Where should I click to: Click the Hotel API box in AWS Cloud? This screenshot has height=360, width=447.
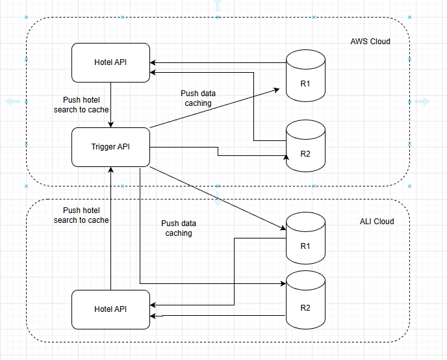point(111,62)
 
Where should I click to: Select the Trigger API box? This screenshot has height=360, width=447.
point(111,147)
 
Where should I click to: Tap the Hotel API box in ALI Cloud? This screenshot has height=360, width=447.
point(111,309)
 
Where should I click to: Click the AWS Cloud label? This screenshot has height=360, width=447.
point(370,42)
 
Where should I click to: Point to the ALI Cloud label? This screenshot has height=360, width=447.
point(377,222)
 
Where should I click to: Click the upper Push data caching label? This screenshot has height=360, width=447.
point(198,98)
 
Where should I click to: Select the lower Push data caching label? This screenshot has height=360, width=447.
point(178,228)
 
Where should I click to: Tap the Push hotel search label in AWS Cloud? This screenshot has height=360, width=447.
point(81,105)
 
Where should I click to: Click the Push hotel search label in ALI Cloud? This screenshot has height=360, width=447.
point(81,215)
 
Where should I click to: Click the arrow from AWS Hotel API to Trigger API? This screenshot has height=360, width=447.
point(112,104)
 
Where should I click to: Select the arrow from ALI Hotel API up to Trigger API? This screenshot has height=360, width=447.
point(112,227)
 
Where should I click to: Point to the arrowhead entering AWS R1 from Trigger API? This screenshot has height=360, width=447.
point(284,92)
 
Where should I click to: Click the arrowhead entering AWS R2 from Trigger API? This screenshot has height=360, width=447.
point(284,156)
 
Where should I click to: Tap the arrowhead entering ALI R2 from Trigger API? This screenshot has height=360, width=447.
point(284,283)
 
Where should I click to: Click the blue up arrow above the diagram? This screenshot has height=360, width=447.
point(217,6)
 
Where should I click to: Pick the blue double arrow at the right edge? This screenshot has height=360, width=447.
point(422,101)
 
